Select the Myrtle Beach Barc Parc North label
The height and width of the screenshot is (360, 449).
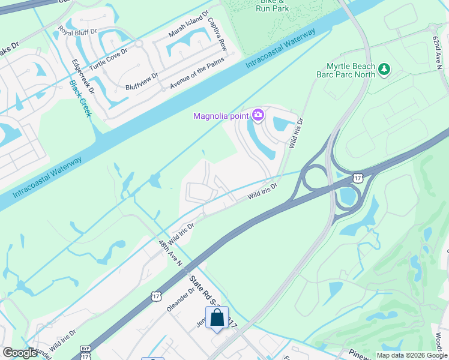point(351,70)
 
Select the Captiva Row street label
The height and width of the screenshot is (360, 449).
point(217,32)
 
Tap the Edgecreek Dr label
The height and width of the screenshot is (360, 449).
point(83,76)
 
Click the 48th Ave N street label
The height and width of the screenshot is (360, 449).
point(170,253)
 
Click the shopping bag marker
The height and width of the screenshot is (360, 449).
point(217,319)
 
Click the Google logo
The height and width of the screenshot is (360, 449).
point(20,353)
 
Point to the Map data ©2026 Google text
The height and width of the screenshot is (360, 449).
point(412,355)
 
